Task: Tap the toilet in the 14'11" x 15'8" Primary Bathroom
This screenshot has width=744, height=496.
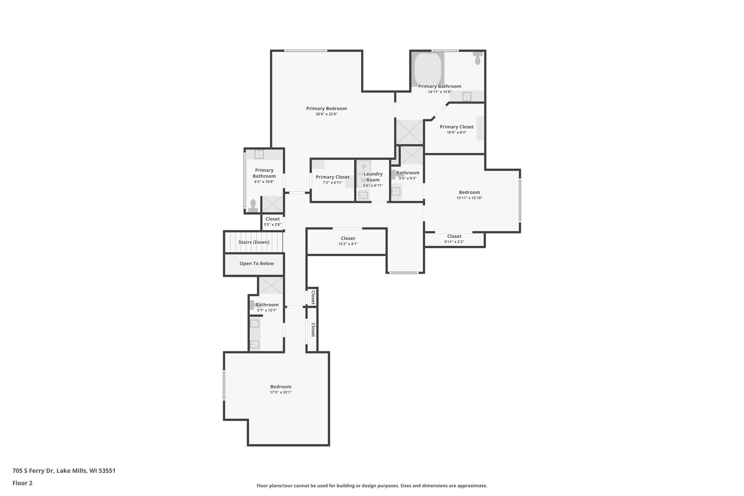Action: (477, 59)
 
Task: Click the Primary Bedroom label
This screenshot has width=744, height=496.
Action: (326, 108)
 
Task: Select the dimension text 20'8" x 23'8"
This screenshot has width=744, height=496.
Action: (326, 114)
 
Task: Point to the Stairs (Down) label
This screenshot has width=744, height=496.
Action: (254, 242)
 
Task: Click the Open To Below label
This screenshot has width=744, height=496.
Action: (256, 263)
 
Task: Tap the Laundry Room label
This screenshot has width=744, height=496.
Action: (373, 177)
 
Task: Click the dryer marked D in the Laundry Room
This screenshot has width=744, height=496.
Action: (364, 167)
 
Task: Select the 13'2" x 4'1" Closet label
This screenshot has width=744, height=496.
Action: (348, 238)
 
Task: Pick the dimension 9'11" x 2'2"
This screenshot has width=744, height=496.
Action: (454, 242)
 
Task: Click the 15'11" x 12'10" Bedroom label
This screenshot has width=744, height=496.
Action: (469, 192)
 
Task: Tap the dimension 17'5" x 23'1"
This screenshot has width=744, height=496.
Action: (280, 392)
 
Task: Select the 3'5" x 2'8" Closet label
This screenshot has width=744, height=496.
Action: (272, 219)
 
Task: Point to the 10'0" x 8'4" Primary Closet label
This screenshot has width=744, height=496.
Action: (456, 127)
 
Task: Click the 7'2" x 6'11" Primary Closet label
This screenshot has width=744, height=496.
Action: (332, 177)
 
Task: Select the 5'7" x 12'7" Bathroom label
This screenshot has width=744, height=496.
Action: (267, 305)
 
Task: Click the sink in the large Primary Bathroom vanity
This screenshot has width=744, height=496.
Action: (466, 97)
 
